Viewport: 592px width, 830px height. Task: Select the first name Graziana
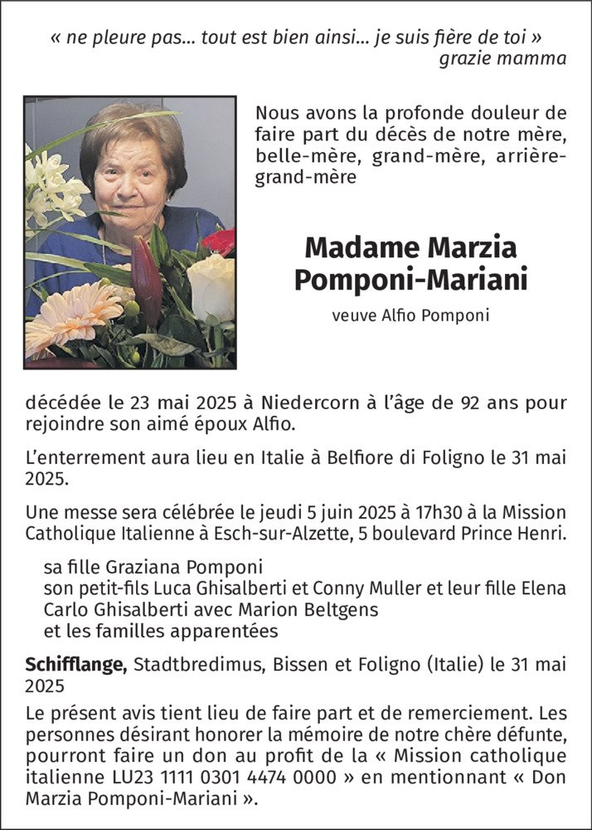coord(148,568)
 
